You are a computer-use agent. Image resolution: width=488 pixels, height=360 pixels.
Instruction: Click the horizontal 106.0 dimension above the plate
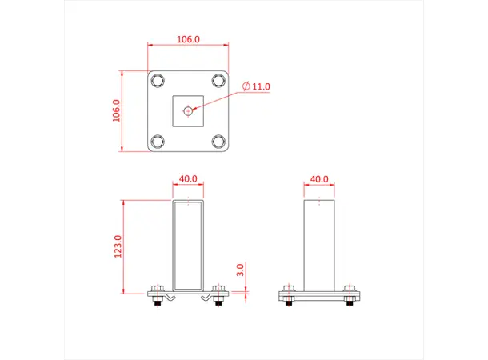(188, 38)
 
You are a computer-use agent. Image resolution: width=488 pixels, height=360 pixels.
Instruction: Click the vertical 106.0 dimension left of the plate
(117, 110)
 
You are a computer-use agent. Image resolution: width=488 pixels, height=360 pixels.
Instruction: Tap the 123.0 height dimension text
(118, 246)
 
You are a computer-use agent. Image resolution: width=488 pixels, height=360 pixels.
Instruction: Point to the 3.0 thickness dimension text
(240, 270)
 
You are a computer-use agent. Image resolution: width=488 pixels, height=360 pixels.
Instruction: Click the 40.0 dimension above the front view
(188, 178)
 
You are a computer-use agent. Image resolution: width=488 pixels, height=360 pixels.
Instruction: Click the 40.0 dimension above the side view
(319, 178)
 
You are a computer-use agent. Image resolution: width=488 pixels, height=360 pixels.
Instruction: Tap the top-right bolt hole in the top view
(218, 80)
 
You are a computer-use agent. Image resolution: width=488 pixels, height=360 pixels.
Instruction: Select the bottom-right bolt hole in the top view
(218, 141)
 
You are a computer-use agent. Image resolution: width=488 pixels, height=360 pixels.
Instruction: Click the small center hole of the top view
(188, 110)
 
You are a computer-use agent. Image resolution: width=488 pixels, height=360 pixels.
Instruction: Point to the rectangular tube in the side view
(319, 244)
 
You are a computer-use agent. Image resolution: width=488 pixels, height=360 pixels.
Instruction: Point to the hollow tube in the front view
(188, 244)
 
